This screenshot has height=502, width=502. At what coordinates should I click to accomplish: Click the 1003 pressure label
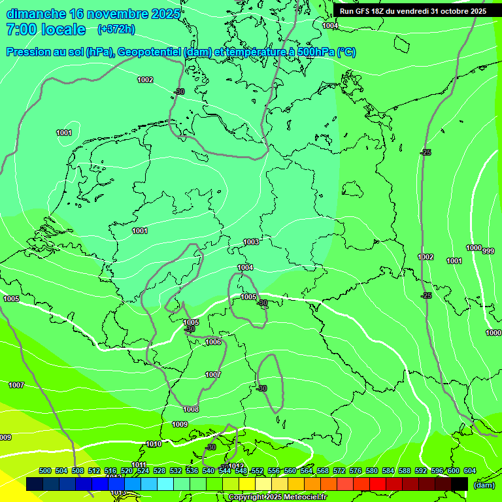(251, 242)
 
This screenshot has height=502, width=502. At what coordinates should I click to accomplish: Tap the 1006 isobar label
(213, 342)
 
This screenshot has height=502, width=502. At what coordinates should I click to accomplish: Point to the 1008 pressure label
(191, 409)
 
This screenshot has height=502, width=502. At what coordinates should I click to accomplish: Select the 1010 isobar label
(154, 444)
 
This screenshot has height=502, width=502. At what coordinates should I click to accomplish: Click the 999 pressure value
(488, 251)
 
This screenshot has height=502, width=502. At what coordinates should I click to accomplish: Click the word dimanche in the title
(37, 14)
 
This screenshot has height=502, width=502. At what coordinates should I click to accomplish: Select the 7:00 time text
(20, 29)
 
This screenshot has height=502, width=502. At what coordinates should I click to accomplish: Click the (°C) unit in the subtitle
(346, 52)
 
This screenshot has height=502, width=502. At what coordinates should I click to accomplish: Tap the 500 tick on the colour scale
(45, 471)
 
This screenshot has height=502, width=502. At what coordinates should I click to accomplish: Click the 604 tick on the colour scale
(469, 471)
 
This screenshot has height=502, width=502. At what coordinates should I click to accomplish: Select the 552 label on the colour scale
(258, 471)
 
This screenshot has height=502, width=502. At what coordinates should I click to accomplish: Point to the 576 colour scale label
(356, 471)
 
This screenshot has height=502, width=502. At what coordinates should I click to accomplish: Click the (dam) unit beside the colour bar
(484, 484)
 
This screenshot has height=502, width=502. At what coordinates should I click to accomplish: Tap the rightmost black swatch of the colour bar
(460, 484)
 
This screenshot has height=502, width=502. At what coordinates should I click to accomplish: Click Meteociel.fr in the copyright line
(305, 497)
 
